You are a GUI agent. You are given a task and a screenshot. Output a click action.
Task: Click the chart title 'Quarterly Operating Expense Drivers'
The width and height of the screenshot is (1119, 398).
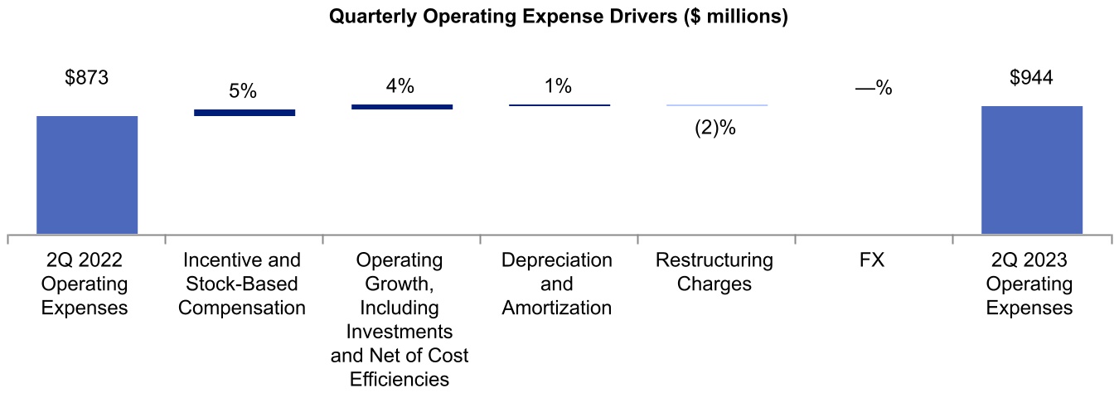pos(559,17)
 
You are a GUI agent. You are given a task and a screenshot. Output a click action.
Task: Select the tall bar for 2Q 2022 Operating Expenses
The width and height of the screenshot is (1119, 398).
pos(87,175)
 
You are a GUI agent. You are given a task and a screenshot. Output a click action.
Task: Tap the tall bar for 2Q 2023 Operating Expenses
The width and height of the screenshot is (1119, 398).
pos(1031,170)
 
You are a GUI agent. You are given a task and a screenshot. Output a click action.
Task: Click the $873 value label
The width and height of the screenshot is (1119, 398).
pos(87,78)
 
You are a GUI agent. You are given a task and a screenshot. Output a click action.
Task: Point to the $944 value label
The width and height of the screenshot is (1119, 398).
pos(1031,78)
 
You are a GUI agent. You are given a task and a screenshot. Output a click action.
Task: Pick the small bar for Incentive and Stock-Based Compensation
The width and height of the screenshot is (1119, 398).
pos(245,112)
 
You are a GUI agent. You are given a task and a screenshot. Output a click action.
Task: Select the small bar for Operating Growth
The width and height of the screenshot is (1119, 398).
pos(402,107)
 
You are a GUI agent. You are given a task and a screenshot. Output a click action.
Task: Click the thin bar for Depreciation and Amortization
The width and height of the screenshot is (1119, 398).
pos(559,105)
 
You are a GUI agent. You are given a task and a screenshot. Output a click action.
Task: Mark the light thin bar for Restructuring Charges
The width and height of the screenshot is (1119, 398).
pos(717,105)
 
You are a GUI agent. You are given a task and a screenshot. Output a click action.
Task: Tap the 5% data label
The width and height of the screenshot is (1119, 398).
pos(244,91)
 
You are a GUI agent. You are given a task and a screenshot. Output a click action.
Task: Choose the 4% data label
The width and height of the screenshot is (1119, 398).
pos(400,86)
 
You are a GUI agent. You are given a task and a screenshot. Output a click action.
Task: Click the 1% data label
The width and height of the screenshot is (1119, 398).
pos(558,85)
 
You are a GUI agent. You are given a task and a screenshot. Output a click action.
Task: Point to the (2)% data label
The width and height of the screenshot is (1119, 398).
pos(716,129)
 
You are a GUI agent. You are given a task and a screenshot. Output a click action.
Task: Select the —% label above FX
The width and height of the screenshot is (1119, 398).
pos(874,88)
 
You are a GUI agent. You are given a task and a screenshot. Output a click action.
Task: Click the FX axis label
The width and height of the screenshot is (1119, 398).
pos(872,260)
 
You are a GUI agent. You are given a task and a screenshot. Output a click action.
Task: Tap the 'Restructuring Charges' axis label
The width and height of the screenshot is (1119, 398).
pos(715,272)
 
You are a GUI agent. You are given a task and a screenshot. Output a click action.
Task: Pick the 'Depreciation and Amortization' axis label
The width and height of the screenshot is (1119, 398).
pos(557,284)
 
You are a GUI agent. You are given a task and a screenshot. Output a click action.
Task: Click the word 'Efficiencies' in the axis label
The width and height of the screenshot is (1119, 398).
pos(400,380)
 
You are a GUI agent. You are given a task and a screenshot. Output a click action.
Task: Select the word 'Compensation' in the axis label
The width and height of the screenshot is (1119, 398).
pos(243,308)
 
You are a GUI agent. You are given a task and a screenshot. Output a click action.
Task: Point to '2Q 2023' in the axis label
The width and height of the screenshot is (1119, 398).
pos(1030,260)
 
